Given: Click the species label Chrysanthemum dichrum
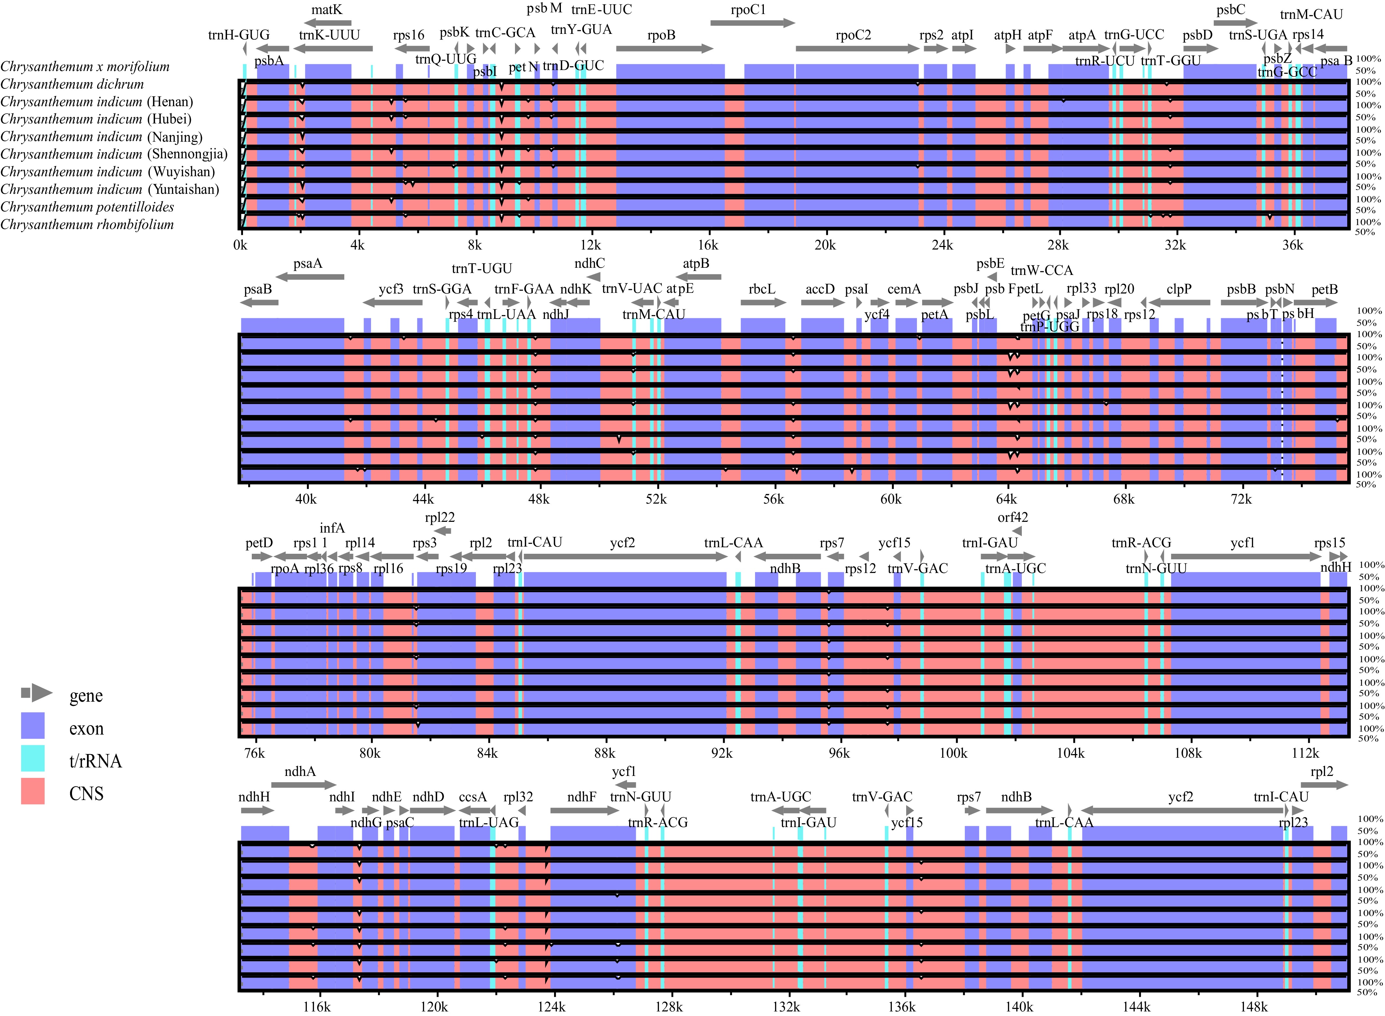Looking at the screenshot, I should [x=72, y=84].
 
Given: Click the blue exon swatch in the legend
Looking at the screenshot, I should [x=33, y=726].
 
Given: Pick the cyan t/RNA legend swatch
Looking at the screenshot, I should [x=33, y=758].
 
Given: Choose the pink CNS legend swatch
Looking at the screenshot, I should [x=33, y=791].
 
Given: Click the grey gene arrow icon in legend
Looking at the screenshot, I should [x=37, y=693].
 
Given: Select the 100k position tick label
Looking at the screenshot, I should [x=953, y=753].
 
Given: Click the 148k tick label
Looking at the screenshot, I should [x=1253, y=1007].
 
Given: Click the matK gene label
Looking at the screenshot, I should [x=327, y=10].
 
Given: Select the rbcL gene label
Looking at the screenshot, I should [x=762, y=289].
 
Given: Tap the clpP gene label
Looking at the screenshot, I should [x=1179, y=289].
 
